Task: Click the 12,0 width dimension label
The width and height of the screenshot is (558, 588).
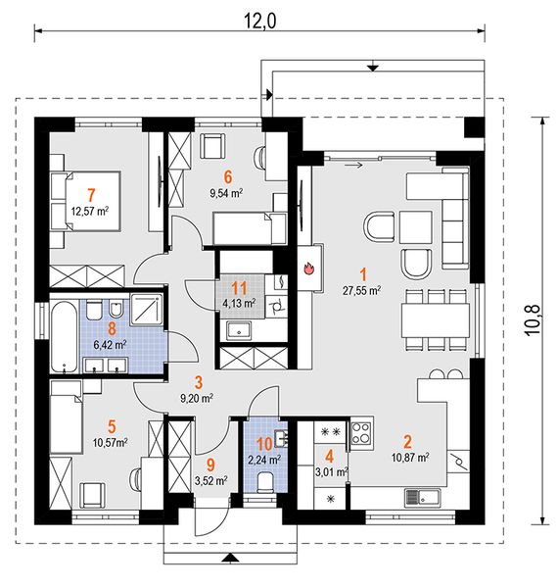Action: (x=259, y=21)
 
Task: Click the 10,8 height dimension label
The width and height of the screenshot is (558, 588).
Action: (x=534, y=319)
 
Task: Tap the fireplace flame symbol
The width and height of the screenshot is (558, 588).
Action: (x=309, y=269)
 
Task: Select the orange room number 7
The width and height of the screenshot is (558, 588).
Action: (x=91, y=195)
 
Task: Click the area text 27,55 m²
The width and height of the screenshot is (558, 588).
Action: (x=362, y=291)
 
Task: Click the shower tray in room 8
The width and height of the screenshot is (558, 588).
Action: (x=147, y=309)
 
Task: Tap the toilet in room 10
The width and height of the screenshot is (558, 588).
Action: (x=266, y=482)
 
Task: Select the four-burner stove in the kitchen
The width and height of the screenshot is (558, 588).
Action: (x=361, y=433)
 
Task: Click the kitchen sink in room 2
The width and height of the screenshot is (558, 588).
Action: (x=423, y=498)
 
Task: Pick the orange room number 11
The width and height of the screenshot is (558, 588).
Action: (x=240, y=289)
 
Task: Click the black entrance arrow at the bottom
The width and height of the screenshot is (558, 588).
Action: (x=230, y=559)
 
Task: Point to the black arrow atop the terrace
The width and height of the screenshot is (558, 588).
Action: (x=372, y=68)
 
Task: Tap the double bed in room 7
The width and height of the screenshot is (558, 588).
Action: (x=85, y=201)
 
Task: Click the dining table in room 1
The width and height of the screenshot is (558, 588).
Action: (x=436, y=320)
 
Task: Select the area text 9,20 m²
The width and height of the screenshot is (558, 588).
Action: (x=197, y=398)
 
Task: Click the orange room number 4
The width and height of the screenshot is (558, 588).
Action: (x=329, y=457)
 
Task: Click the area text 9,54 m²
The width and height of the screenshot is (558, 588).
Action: (x=226, y=193)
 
